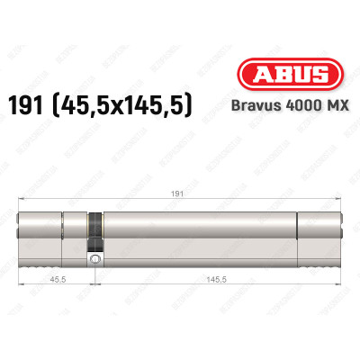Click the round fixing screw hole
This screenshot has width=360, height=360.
coord(93,259)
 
